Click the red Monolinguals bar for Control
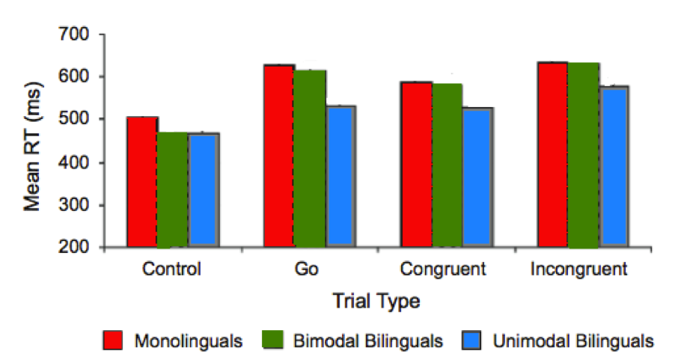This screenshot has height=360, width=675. coord(141,182)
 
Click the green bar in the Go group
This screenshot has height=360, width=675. coord(309,159)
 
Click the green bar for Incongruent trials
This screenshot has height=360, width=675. coord(583,155)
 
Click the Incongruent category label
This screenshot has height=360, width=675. coord(578,269)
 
